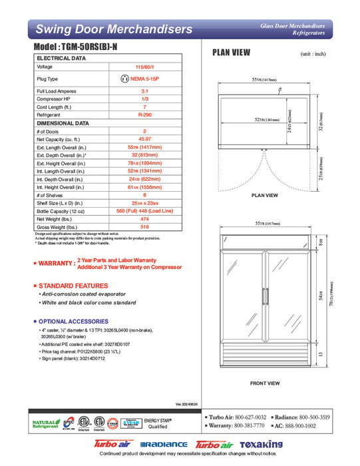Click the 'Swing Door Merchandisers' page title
114,29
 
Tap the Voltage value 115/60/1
144,67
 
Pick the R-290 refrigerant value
144,115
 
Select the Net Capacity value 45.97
144,139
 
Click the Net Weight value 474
144,218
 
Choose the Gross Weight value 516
144,226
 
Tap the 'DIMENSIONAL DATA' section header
63,123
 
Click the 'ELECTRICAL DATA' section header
61,59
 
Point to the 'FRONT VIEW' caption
265,383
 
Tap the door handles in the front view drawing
265,298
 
